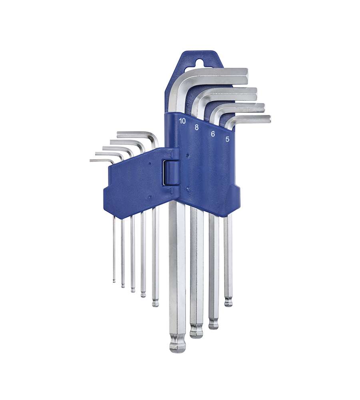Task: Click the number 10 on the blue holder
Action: (x=182, y=121)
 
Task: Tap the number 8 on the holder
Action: (x=196, y=127)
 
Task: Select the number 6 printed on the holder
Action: (x=213, y=134)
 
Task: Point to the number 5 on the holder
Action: (x=227, y=139)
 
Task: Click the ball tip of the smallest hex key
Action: (x=114, y=281)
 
